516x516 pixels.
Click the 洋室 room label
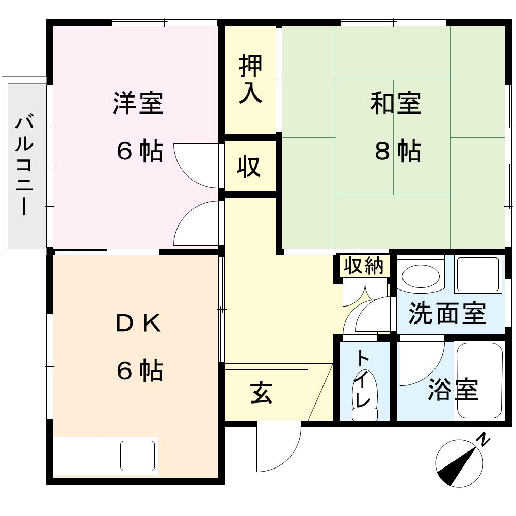pyautogui.click(x=138, y=103)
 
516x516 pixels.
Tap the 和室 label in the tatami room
pyautogui.click(x=396, y=103)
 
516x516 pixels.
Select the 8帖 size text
pyautogui.click(x=398, y=151)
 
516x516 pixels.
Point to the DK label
pyautogui.click(x=138, y=324)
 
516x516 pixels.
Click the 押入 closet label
pyautogui.click(x=250, y=78)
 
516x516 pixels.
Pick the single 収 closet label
pyautogui.click(x=249, y=166)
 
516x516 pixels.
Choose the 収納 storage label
pyautogui.click(x=364, y=266)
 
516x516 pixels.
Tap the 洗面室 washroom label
pyautogui.click(x=447, y=313)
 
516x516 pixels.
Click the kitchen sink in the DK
pyautogui.click(x=138, y=456)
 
